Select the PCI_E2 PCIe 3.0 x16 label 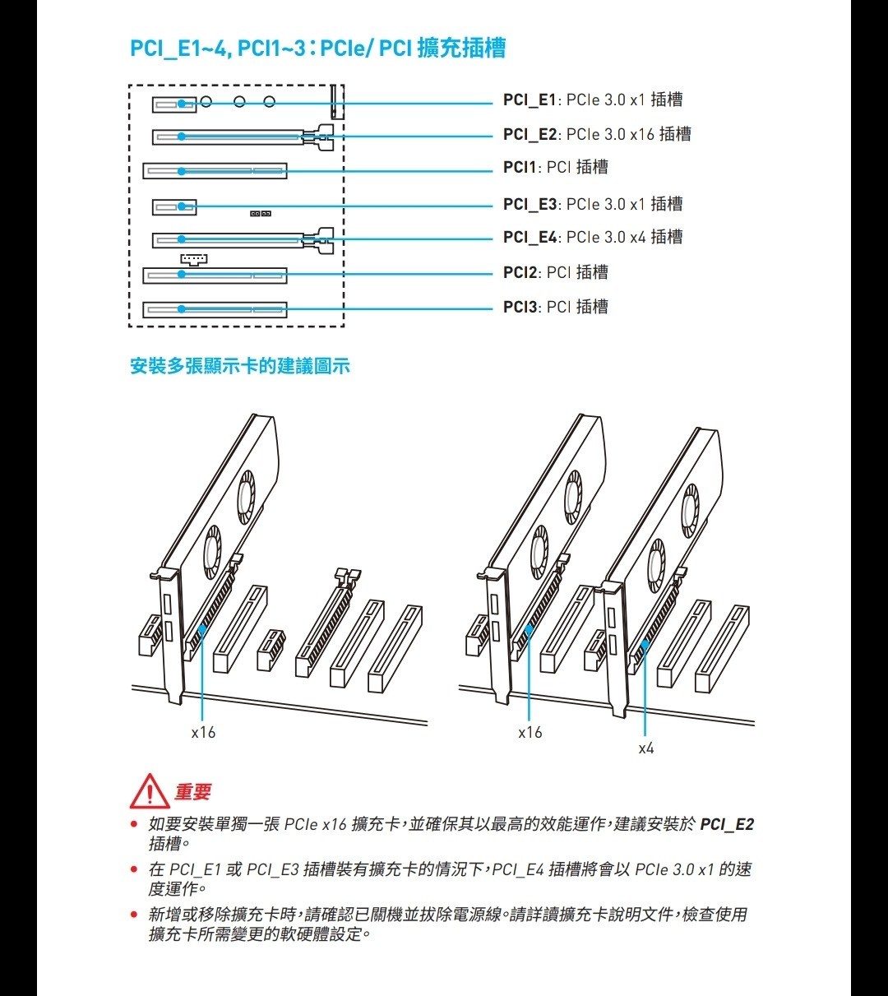coord(596,134)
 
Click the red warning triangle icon coord(149,792)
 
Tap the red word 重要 coord(193,792)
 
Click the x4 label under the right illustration coord(646,748)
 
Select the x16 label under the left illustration coord(203,732)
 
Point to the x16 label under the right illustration coord(530,732)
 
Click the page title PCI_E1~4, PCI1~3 coord(317,49)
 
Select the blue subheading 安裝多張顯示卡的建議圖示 coord(240,366)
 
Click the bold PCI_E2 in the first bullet coord(727,824)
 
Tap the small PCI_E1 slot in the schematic coord(174,104)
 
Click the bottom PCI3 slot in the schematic coord(215,310)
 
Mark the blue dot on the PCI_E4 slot coord(182,240)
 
